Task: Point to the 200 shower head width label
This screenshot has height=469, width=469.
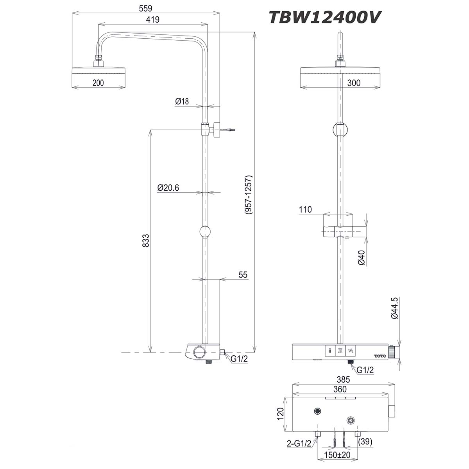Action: click(98, 82)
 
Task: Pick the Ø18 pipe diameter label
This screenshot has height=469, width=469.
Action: click(182, 101)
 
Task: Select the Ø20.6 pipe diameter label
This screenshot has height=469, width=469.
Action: click(168, 188)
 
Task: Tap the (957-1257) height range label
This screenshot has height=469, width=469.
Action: click(248, 194)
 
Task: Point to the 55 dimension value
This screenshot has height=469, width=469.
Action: click(243, 275)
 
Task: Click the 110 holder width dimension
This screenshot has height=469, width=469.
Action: click(305, 209)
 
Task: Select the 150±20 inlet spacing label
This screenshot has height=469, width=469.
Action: click(337, 456)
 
